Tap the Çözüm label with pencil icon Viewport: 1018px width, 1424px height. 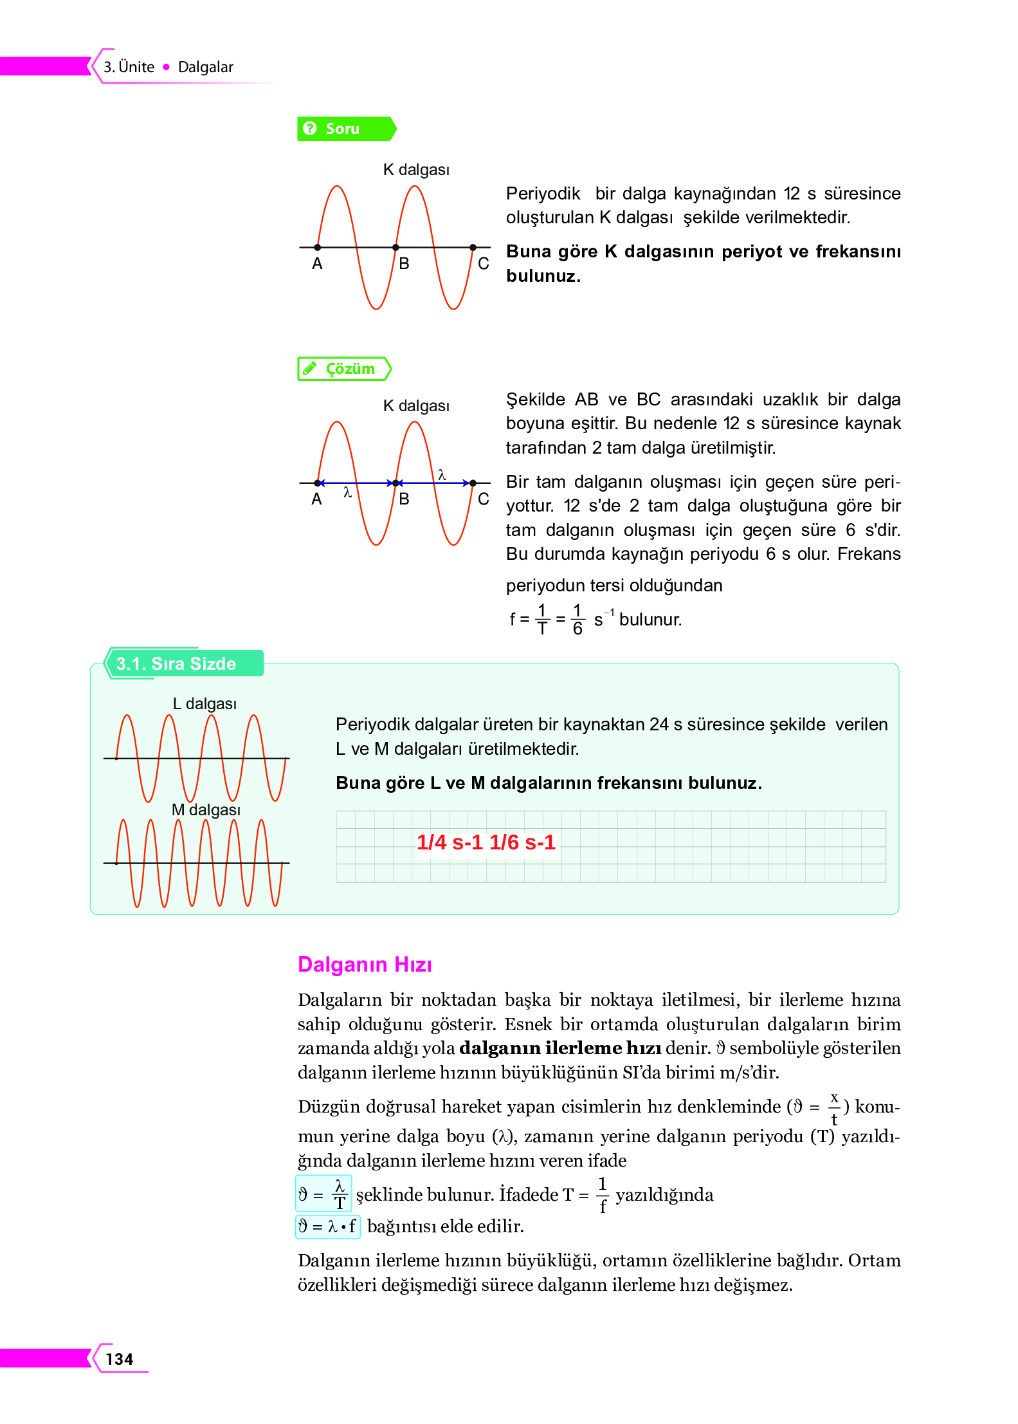pos(344,369)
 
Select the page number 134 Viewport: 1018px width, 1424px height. pos(120,1359)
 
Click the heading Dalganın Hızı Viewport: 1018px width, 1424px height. pos(365,964)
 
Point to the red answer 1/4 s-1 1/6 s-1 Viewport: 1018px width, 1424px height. pos(486,842)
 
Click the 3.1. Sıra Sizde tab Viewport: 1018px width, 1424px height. pos(176,663)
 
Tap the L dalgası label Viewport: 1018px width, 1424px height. pos(205,703)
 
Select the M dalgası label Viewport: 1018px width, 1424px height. pos(206,809)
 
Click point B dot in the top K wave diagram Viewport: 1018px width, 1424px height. pos(395,247)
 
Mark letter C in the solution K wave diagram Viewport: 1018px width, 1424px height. pos(484,499)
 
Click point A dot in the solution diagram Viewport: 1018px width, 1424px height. pos(318,483)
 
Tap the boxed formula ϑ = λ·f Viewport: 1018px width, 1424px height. pos(327,1226)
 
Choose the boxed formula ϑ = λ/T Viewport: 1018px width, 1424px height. pos(323,1194)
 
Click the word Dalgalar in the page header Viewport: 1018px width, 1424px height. pos(205,67)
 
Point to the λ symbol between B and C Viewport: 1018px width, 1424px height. pos(442,475)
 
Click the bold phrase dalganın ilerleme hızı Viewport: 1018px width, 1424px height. pos(560,1048)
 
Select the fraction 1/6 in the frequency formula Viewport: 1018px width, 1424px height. pos(577,619)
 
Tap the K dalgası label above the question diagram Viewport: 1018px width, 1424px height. pos(416,170)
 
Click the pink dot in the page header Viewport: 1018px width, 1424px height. pos(167,67)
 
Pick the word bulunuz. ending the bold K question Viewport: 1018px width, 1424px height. pos(543,276)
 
